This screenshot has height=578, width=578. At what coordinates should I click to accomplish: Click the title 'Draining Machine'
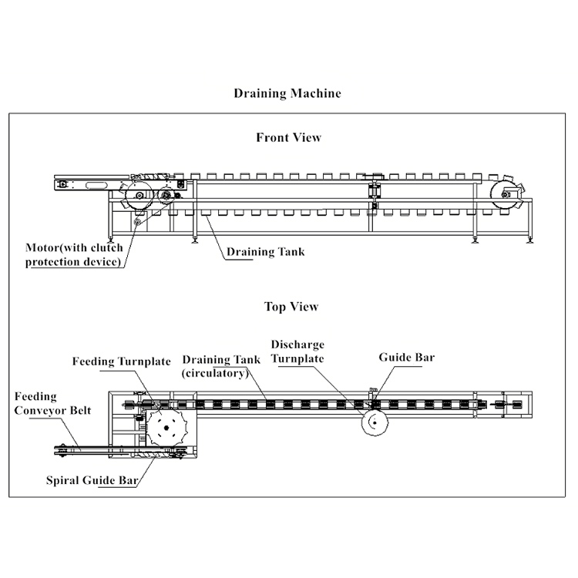[x=287, y=93]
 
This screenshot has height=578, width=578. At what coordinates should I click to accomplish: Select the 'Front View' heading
[x=288, y=138]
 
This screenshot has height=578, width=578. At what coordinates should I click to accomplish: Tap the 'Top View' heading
[x=291, y=307]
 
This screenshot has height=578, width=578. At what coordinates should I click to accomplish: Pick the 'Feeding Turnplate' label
[x=122, y=361]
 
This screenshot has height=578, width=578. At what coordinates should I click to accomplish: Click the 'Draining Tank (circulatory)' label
[x=215, y=366]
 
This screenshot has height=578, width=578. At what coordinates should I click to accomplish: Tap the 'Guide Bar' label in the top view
[x=407, y=358]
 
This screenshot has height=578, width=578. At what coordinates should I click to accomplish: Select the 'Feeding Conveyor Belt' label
[x=52, y=403]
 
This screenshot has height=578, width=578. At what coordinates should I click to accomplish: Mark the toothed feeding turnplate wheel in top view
[x=169, y=428]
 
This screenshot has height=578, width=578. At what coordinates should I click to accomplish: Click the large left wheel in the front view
[x=139, y=198]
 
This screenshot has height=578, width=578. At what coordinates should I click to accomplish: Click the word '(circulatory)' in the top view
[x=215, y=373]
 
